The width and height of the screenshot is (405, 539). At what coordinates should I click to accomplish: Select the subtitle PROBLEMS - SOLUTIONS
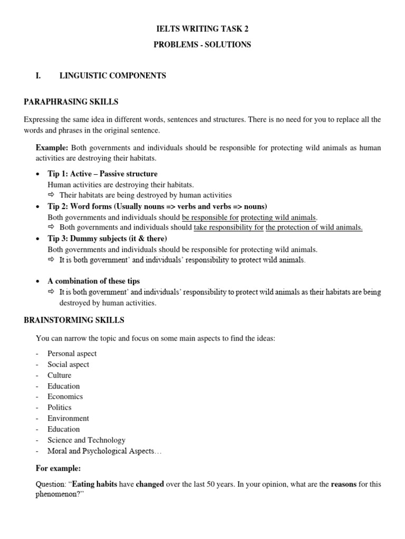[x=202, y=45]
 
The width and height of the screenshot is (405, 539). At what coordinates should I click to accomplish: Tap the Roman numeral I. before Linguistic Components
[x=38, y=76]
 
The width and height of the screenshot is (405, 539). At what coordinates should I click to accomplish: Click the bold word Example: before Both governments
[x=52, y=148]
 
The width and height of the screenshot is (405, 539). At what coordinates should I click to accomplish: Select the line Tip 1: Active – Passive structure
[x=102, y=174]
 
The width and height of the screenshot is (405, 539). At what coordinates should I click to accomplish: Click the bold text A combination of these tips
[x=93, y=281]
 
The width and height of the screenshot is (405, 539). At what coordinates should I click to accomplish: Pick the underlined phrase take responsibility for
[x=228, y=227]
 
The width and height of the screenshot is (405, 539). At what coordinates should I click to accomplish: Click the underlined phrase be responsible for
[x=210, y=217]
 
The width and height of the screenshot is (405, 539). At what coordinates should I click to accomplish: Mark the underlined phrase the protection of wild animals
[x=314, y=227]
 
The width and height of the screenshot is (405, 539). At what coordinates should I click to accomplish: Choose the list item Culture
[x=59, y=375]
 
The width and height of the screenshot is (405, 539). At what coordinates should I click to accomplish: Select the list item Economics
[x=65, y=396]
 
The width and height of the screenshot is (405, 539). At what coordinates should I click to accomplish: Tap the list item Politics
[x=59, y=407]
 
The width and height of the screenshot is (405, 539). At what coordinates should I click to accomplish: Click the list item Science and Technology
[x=86, y=440]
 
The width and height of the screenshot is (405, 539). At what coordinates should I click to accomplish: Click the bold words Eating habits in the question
[x=94, y=484]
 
